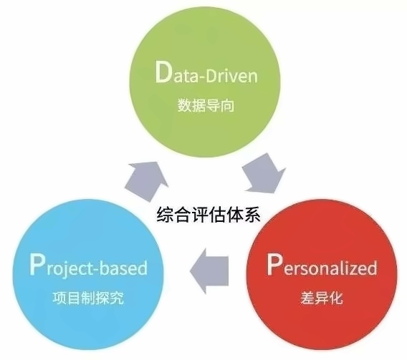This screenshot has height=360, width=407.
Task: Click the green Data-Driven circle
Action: pos(205,82)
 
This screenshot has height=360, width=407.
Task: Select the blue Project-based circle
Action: pos(89,274)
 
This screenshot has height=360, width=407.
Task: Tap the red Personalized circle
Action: pos(322,274)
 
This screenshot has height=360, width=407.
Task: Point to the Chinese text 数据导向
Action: pos(206,105)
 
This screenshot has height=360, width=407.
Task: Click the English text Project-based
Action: pos(89,266)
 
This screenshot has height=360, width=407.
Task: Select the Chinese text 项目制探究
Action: pos(88,298)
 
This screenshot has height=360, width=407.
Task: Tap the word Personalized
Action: pos(322,265)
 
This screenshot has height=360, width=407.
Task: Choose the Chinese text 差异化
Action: pos(322,298)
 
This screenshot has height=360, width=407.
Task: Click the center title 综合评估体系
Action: pos(209,214)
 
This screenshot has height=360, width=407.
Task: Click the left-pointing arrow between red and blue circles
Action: pos(209,271)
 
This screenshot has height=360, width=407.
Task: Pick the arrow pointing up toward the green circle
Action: pos(146,180)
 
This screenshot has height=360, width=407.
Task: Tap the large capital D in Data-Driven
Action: pos(163,72)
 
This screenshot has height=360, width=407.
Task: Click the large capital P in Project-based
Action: pos(37,264)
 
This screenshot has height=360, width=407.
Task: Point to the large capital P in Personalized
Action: pos(274,264)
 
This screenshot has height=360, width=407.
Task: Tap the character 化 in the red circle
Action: pos(336,298)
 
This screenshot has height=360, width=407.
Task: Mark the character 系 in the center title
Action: pos(252,214)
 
